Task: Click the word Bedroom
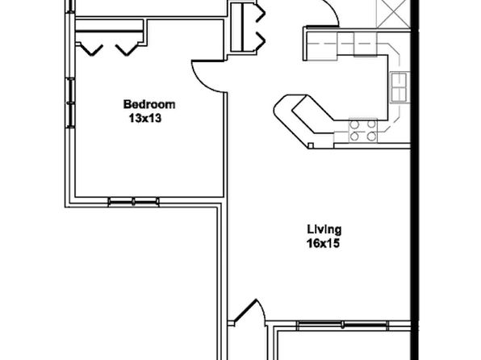coord(149,104)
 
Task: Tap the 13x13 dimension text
coord(145,118)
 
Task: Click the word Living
coord(324,229)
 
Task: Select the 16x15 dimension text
coord(323,244)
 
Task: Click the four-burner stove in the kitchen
coord(363,130)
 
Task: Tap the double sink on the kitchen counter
coord(399,87)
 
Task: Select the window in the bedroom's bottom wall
coord(133,201)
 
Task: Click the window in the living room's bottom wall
coord(343,325)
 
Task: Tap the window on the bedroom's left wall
coord(70,103)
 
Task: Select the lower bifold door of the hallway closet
coord(260,40)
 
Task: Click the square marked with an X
coord(393,14)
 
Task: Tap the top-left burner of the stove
coord(354,124)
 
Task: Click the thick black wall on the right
coord(415,180)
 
